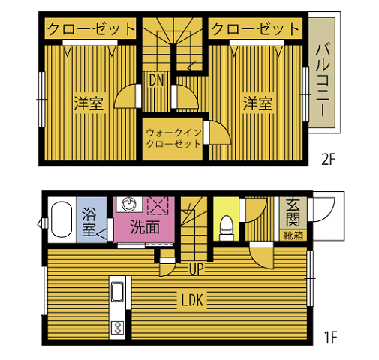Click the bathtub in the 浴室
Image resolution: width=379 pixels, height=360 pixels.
click(62, 219)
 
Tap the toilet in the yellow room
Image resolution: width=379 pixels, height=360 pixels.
click(226, 228)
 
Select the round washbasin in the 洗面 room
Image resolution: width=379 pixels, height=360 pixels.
click(128, 204)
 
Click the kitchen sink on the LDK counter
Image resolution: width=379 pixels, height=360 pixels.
click(117, 292)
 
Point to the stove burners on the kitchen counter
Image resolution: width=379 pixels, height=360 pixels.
click(117, 328)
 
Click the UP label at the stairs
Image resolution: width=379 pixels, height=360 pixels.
click(196, 269)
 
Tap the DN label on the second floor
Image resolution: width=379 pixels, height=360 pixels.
click(156, 80)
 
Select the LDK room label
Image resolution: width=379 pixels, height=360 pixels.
click(192, 300)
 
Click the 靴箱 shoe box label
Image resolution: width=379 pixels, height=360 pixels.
click(293, 235)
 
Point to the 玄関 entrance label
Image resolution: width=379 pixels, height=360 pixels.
click(293, 212)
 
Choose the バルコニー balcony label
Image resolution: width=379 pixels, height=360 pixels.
click(323, 80)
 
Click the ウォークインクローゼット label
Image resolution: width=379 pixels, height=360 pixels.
click(173, 139)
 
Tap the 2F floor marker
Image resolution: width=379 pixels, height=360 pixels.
click(328, 160)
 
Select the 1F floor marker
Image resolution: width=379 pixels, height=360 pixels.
click(330, 337)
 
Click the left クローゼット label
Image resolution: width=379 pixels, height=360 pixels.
click(91, 29)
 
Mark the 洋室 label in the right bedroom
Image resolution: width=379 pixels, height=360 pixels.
click(257, 103)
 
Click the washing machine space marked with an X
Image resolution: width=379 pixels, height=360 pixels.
click(158, 206)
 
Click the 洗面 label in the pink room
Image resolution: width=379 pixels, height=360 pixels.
click(145, 227)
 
